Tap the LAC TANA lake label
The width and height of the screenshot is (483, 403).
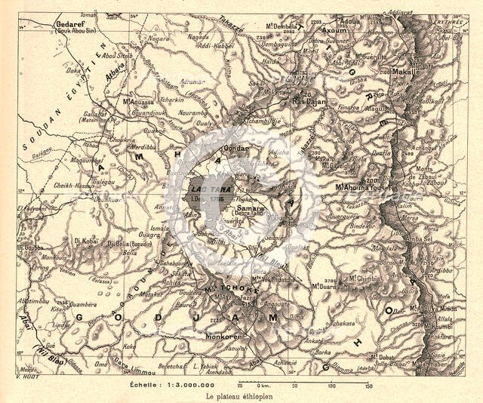click(x=204, y=190)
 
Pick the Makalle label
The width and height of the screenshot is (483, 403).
click(x=406, y=72)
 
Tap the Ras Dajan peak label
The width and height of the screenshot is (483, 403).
click(x=308, y=100)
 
